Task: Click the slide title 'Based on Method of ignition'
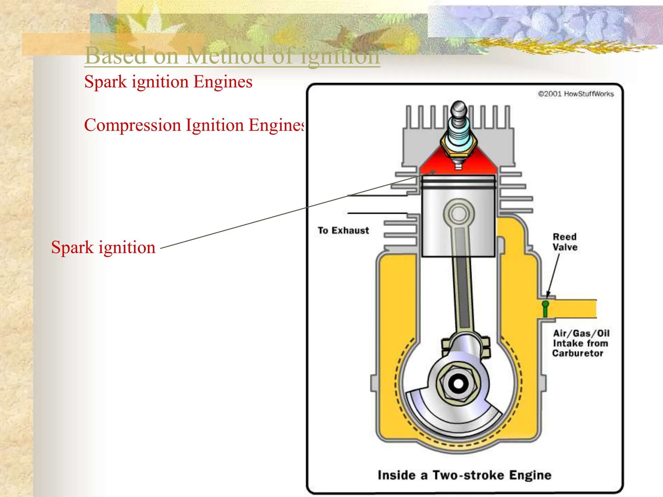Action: click(x=232, y=56)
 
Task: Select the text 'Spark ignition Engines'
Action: click(x=168, y=82)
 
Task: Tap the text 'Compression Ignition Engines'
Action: click(x=194, y=125)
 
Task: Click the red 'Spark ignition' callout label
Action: click(x=103, y=247)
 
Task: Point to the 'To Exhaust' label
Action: click(x=343, y=230)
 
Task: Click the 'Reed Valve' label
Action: click(x=565, y=242)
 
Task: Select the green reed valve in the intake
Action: click(x=545, y=308)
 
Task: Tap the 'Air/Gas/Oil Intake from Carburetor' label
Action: click(x=580, y=343)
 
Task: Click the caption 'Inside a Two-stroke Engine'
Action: click(x=465, y=475)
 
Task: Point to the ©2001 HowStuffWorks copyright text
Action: click(x=576, y=94)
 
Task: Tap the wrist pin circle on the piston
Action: click(x=458, y=214)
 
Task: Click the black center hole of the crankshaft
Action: click(x=458, y=383)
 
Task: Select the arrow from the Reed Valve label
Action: click(x=553, y=275)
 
